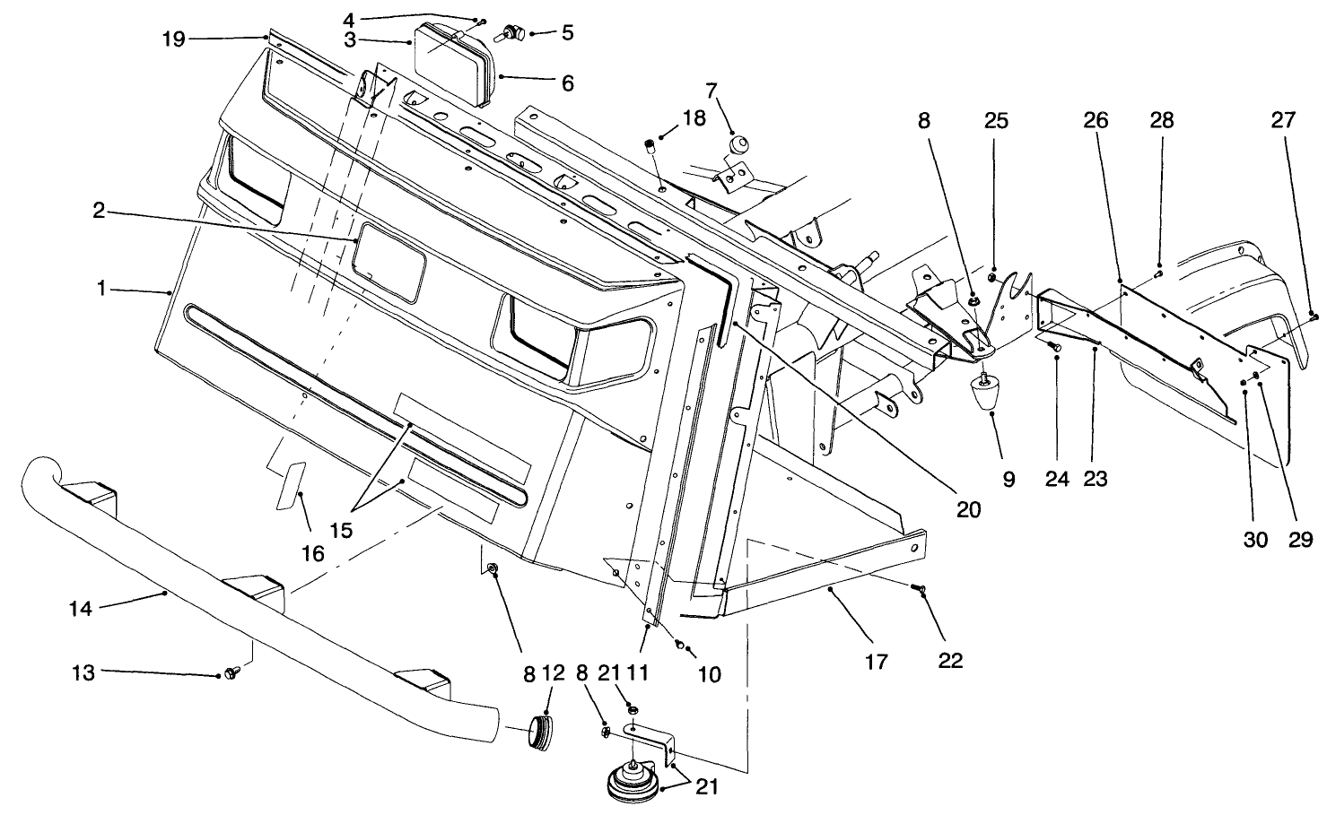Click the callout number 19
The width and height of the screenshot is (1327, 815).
coord(174,39)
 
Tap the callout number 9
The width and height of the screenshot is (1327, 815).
coord(1008,481)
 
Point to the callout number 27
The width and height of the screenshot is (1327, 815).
coord(1283,120)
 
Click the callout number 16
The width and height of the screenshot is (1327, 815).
coord(311,553)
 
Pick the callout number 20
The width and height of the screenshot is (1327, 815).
coord(968,509)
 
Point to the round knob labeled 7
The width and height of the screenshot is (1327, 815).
coord(739,144)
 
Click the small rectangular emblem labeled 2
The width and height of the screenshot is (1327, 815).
coord(388,265)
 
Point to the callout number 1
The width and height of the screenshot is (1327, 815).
coord(102,290)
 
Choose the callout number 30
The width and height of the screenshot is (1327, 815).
coord(1254,540)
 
